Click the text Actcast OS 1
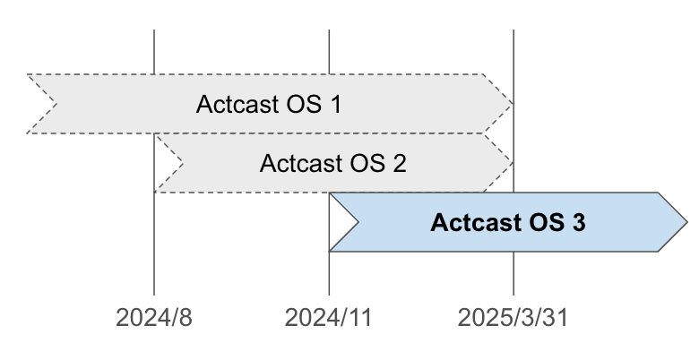point(268,104)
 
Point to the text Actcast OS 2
point(332,164)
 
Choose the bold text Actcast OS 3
point(508,222)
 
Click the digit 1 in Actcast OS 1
point(335,104)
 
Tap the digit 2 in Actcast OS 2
point(399,164)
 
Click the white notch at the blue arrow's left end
point(341,222)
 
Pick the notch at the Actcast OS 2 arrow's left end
point(174,164)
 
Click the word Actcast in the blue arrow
point(471,222)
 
